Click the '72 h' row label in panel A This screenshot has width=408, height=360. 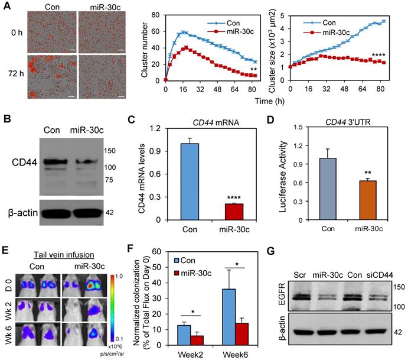click(x=15, y=74)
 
